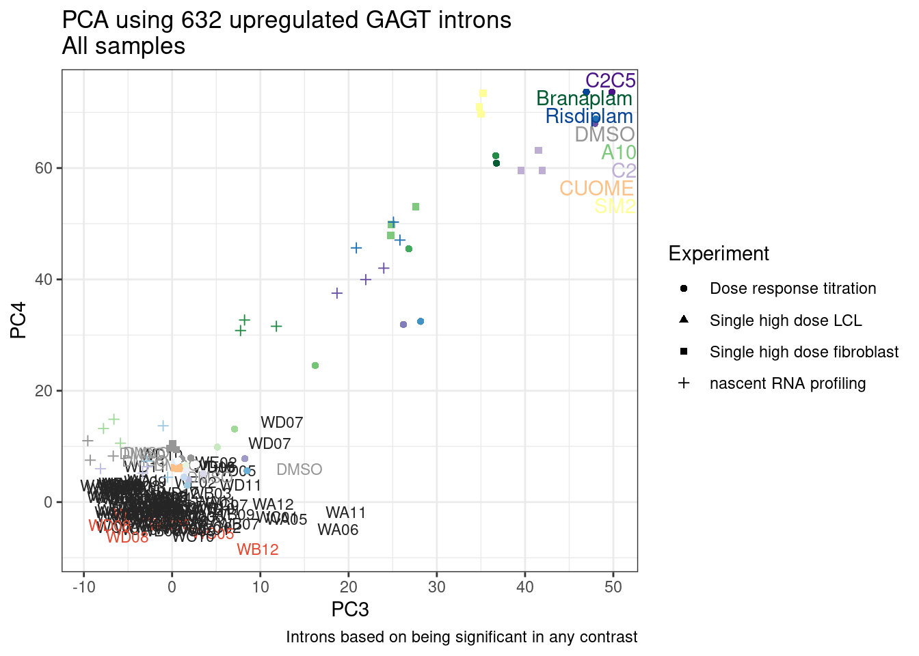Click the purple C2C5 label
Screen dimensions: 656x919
coord(610,81)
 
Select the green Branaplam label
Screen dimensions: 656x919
coord(584,98)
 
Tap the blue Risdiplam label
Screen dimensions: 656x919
coord(589,116)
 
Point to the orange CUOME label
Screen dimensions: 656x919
coord(596,188)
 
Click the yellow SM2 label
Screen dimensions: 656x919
coord(615,206)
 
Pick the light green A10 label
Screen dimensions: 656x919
coord(618,152)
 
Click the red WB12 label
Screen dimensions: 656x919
coord(258,549)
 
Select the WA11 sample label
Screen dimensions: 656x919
coord(345,512)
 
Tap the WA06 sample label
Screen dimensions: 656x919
coord(338,530)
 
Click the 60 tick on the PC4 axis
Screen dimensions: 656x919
coord(44,168)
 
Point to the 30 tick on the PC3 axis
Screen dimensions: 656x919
coord(436,587)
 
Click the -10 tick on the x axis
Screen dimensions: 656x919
coord(83,587)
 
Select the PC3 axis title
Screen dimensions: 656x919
coord(350,610)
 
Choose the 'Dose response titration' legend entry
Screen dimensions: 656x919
coord(793,288)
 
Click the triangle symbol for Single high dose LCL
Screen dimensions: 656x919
coord(684,320)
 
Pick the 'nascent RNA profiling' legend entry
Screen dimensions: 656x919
coord(788,383)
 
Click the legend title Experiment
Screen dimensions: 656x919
coord(719,254)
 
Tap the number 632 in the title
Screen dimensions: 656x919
coord(202,20)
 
